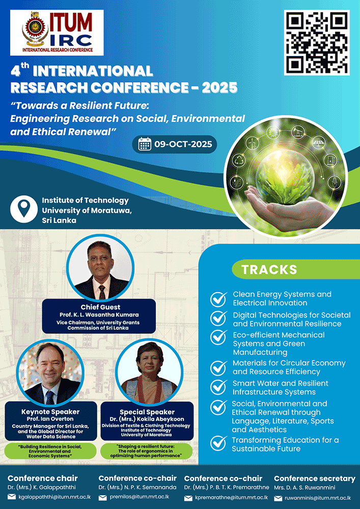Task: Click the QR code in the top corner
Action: pyautogui.click(x=317, y=42)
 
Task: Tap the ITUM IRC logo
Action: pyautogui.click(x=57, y=33)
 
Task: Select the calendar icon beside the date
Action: pyautogui.click(x=145, y=145)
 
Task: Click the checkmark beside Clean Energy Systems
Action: pyautogui.click(x=219, y=299)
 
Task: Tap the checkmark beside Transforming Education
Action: pyautogui.click(x=219, y=443)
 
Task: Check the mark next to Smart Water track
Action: pyautogui.click(x=219, y=387)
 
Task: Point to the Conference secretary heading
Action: pyautogui.click(x=314, y=478)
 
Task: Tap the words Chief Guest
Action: pyautogui.click(x=100, y=307)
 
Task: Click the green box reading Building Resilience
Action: pyautogui.click(x=50, y=451)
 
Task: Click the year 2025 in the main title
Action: pyautogui.click(x=219, y=88)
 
